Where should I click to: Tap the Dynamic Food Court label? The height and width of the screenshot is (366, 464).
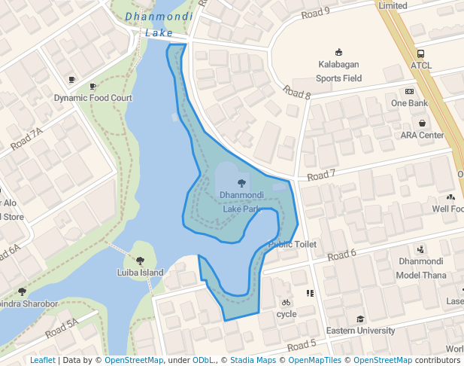pyautogui.click(x=92, y=98)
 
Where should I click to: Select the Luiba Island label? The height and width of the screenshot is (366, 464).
pyautogui.click(x=140, y=272)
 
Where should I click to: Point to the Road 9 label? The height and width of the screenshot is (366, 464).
pyautogui.click(x=315, y=12)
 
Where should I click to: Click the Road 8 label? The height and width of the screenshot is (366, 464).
pyautogui.click(x=297, y=93)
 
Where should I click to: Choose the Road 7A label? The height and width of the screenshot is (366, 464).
pyautogui.click(x=27, y=139)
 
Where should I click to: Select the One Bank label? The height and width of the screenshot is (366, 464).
pyautogui.click(x=409, y=102)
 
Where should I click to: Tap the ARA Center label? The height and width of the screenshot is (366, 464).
pyautogui.click(x=422, y=135)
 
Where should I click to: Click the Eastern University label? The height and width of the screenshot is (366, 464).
pyautogui.click(x=360, y=331)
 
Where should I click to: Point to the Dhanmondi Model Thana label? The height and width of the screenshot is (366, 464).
pyautogui.click(x=422, y=268)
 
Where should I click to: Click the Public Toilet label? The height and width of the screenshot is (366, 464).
pyautogui.click(x=293, y=245)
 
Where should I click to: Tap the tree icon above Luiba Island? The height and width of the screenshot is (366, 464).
pyautogui.click(x=141, y=261)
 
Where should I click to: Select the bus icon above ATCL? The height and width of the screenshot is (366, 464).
pyautogui.click(x=420, y=54)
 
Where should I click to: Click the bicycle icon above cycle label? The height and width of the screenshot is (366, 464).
pyautogui.click(x=286, y=303)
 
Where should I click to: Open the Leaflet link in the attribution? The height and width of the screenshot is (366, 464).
pyautogui.click(x=42, y=361)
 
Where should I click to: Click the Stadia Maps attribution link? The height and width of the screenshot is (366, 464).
pyautogui.click(x=253, y=361)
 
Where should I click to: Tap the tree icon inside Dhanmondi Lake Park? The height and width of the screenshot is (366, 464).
pyautogui.click(x=241, y=183)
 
